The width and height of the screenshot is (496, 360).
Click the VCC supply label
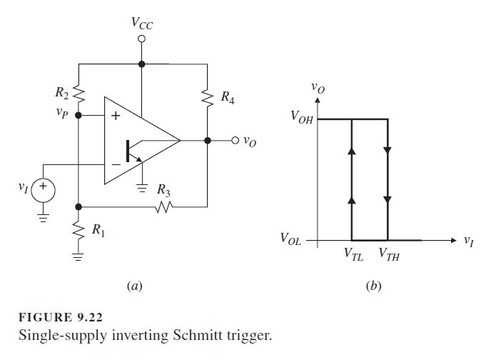pyautogui.click(x=142, y=23)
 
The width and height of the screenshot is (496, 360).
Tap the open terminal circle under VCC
pyautogui.click(x=142, y=39)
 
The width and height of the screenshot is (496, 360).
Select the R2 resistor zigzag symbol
pyautogui.click(x=79, y=94)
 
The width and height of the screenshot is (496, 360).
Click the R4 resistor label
pyautogui.click(x=228, y=97)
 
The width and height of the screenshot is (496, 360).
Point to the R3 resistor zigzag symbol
pyautogui.click(x=164, y=207)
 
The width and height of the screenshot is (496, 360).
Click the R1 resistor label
pyautogui.click(x=98, y=230)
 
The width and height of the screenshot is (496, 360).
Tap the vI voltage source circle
pyautogui.click(x=43, y=191)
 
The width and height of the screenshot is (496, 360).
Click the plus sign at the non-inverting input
pyautogui.click(x=116, y=116)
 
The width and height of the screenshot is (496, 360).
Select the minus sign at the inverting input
pyautogui.click(x=116, y=165)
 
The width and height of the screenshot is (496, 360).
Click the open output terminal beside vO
pyautogui.click(x=235, y=140)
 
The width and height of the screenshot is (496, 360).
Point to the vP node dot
pyautogui.click(x=79, y=115)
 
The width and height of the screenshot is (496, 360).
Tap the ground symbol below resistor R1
pyautogui.click(x=78, y=256)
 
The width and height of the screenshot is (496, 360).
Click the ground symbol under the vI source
pyautogui.click(x=43, y=218)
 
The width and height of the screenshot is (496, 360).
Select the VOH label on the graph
pyautogui.click(x=302, y=117)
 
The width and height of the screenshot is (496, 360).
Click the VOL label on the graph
pyautogui.click(x=291, y=239)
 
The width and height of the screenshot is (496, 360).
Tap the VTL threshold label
pyautogui.click(x=354, y=254)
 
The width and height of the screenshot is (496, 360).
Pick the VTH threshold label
pyautogui.click(x=390, y=254)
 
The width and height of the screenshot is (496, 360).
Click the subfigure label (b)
pyautogui.click(x=373, y=286)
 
